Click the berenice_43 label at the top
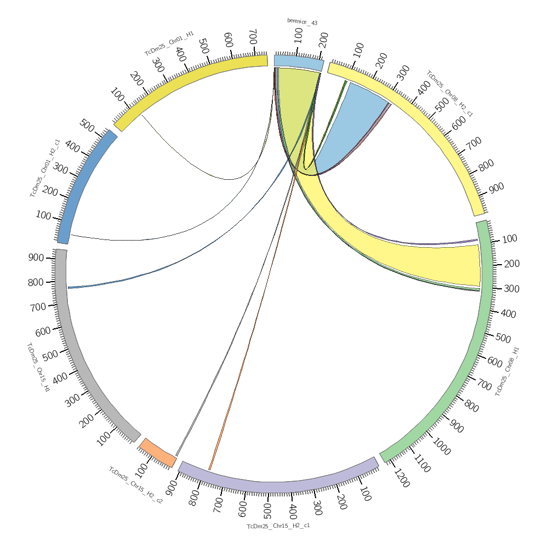click(x=302, y=22)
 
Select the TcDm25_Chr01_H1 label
click(x=169, y=44)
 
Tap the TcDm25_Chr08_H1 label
click(x=507, y=371)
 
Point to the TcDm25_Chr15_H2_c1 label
click(x=278, y=526)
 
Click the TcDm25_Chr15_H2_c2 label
click(x=135, y=485)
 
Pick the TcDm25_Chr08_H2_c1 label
click(x=450, y=93)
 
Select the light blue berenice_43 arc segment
click(x=299, y=62)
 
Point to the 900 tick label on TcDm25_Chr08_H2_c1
click(x=496, y=188)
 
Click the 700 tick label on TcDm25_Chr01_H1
click(x=253, y=37)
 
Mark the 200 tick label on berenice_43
click(x=323, y=38)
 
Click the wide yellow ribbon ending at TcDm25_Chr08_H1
click(x=416, y=258)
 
